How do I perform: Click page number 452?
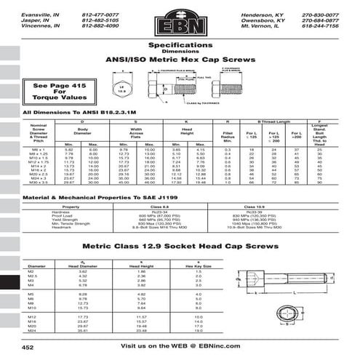click(28, 348)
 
